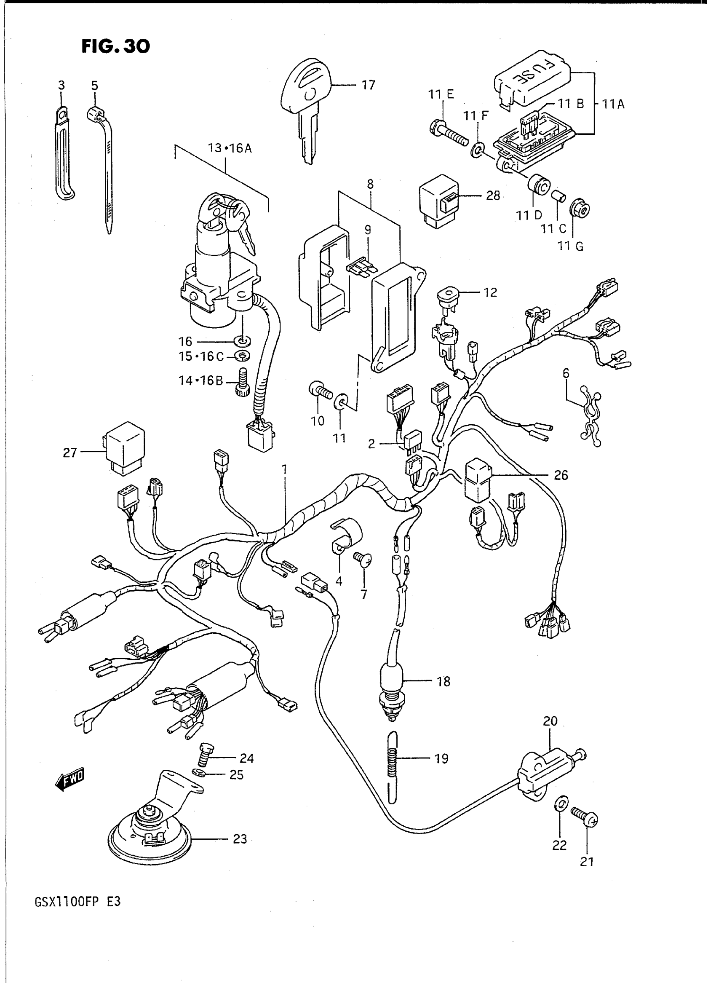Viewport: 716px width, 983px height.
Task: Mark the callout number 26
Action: click(x=561, y=475)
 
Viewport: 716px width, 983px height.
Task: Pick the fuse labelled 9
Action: click(x=359, y=268)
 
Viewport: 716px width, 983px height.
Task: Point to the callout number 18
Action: click(x=443, y=682)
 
